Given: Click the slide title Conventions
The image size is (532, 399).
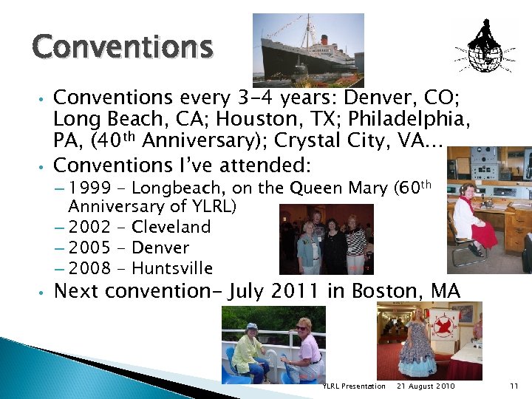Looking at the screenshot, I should (122, 48).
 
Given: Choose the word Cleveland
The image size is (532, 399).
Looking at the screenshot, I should (171, 227).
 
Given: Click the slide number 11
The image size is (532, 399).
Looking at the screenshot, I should (514, 386).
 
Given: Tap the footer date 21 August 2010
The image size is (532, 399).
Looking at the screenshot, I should (426, 386).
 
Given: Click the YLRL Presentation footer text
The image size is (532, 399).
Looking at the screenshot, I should (354, 386).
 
